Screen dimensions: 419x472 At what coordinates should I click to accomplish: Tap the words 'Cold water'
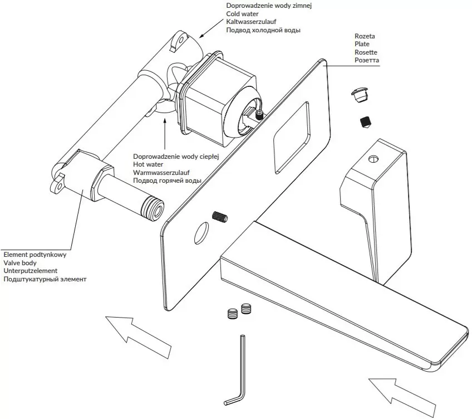[243, 13]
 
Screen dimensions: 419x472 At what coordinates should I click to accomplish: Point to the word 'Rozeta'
[365, 36]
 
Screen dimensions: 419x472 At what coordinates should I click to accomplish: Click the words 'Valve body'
[20, 262]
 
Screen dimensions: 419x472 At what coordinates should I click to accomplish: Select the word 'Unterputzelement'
[31, 270]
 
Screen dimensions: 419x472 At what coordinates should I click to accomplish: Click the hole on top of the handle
[372, 159]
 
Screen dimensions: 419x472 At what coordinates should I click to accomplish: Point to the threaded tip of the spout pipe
[153, 207]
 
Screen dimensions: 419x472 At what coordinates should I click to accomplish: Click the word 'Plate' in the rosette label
[362, 44]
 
